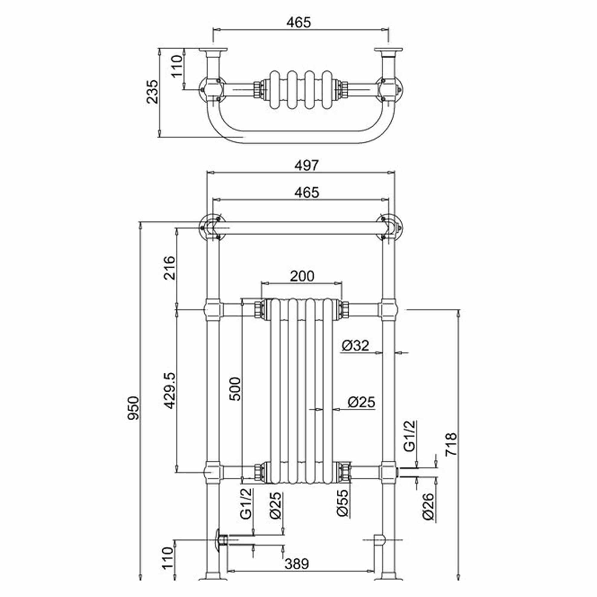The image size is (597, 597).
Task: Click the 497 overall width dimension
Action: (x=306, y=166)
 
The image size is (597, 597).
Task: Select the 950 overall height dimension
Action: (x=134, y=408)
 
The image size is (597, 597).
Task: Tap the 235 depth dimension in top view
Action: (x=152, y=92)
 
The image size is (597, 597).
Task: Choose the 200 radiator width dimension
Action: (x=302, y=276)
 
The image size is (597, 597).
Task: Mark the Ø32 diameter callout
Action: (x=355, y=345)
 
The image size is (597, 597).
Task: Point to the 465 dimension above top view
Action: (x=298, y=22)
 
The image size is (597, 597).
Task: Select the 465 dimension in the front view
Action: (x=306, y=193)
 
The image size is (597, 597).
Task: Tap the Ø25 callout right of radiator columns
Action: (x=361, y=402)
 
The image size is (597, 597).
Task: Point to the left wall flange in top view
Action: (x=213, y=50)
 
